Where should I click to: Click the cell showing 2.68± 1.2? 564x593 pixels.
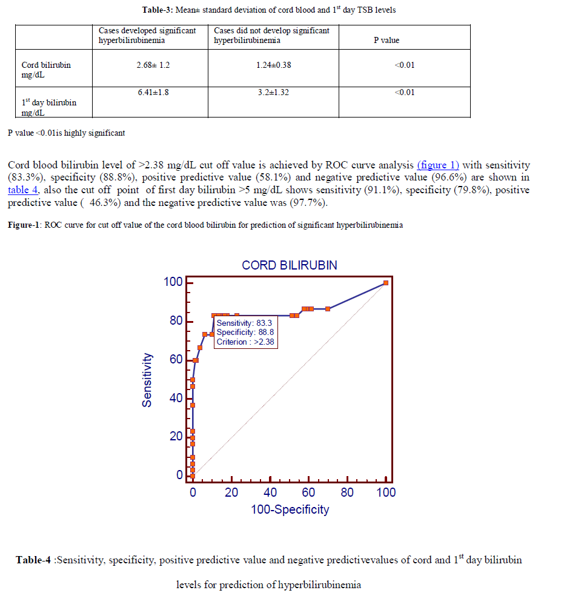pyautogui.click(x=153, y=65)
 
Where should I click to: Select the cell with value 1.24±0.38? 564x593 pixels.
pyautogui.click(x=273, y=65)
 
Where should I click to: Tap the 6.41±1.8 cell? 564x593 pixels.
pyautogui.click(x=153, y=92)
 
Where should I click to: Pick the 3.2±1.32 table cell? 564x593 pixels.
pyautogui.click(x=273, y=92)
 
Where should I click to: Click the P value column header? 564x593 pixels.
pyautogui.click(x=386, y=41)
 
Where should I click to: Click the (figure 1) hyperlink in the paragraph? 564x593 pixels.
pyautogui.click(x=438, y=165)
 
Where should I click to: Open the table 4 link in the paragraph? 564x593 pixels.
pyautogui.click(x=23, y=190)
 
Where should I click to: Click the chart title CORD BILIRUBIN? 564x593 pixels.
pyautogui.click(x=289, y=265)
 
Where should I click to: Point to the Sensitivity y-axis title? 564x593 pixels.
pyautogui.click(x=147, y=379)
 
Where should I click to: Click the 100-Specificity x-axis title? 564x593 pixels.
pyautogui.click(x=290, y=509)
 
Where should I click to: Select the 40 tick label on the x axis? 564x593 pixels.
pyautogui.click(x=270, y=492)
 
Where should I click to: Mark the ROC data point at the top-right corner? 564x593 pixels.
pyautogui.click(x=386, y=283)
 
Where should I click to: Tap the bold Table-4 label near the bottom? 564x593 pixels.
pyautogui.click(x=33, y=560)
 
